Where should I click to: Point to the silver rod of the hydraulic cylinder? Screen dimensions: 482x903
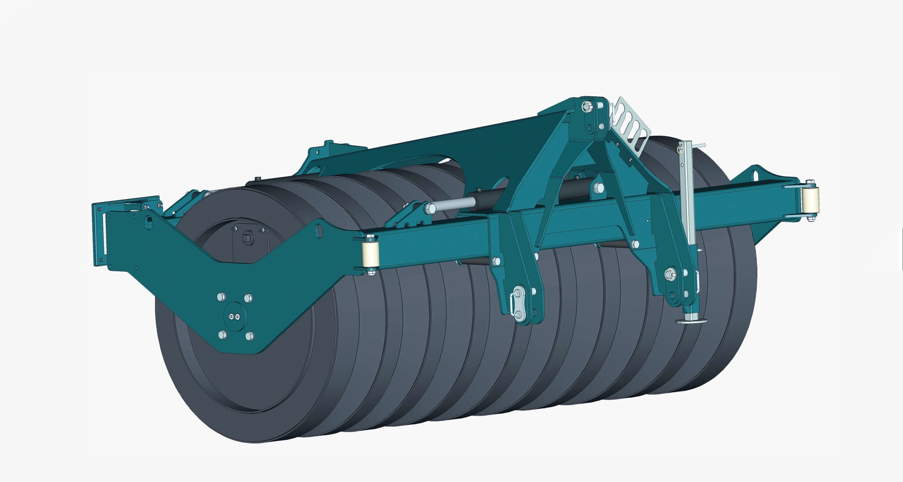pyautogui.click(x=452, y=204)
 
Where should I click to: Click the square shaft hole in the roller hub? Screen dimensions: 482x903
pyautogui.click(x=248, y=237)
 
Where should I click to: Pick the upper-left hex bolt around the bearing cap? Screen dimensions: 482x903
pyautogui.click(x=221, y=297)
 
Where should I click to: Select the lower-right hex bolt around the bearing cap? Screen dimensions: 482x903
pyautogui.click(x=249, y=336)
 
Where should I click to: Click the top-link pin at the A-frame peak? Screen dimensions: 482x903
pyautogui.click(x=586, y=106)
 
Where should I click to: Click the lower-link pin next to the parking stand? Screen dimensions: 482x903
pyautogui.click(x=669, y=275)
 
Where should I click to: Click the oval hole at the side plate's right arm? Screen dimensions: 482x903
pyautogui.click(x=319, y=230)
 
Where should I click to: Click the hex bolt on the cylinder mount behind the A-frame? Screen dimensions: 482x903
pyautogui.click(x=598, y=188)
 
